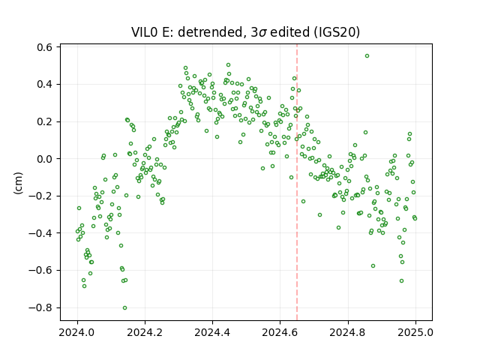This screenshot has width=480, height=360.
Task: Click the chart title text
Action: click(x=245, y=31)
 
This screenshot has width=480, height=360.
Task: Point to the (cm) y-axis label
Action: click(x=18, y=183)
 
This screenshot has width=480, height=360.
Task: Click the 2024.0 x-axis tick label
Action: click(x=77, y=332)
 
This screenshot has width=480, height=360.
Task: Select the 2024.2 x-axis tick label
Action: click(x=145, y=332)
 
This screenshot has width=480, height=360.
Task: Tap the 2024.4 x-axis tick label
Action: click(x=212, y=332)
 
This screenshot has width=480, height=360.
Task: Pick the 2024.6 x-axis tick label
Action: click(x=280, y=332)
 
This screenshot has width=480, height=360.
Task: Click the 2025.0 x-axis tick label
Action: click(x=415, y=332)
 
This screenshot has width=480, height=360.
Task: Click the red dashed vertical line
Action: click(x=297, y=182)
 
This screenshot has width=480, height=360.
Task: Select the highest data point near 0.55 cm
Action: click(x=367, y=56)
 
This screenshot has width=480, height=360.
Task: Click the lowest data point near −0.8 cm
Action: click(x=125, y=307)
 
